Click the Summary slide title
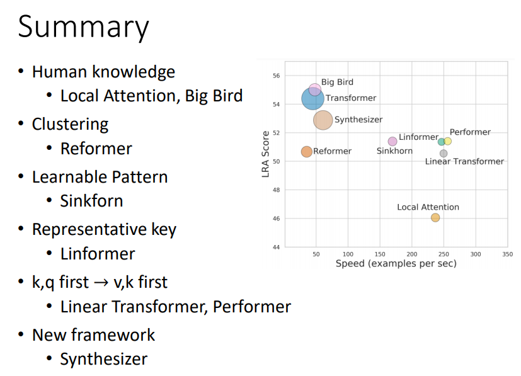[x=83, y=28]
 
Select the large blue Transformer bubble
[x=312, y=98]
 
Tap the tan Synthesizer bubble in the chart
[x=323, y=120]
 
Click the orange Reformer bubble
[x=307, y=151]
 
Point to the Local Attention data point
[x=435, y=218]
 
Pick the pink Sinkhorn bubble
[x=392, y=141]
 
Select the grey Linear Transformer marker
[x=444, y=153]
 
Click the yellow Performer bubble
[x=448, y=141]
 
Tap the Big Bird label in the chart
[x=337, y=82]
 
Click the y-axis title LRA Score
[x=266, y=153]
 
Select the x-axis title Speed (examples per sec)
[x=396, y=263]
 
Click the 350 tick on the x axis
[x=507, y=254]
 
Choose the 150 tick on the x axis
[x=380, y=254]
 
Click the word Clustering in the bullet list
[x=70, y=124]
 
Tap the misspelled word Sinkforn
[x=91, y=201]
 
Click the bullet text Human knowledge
[x=103, y=72]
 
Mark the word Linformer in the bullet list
[x=98, y=254]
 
